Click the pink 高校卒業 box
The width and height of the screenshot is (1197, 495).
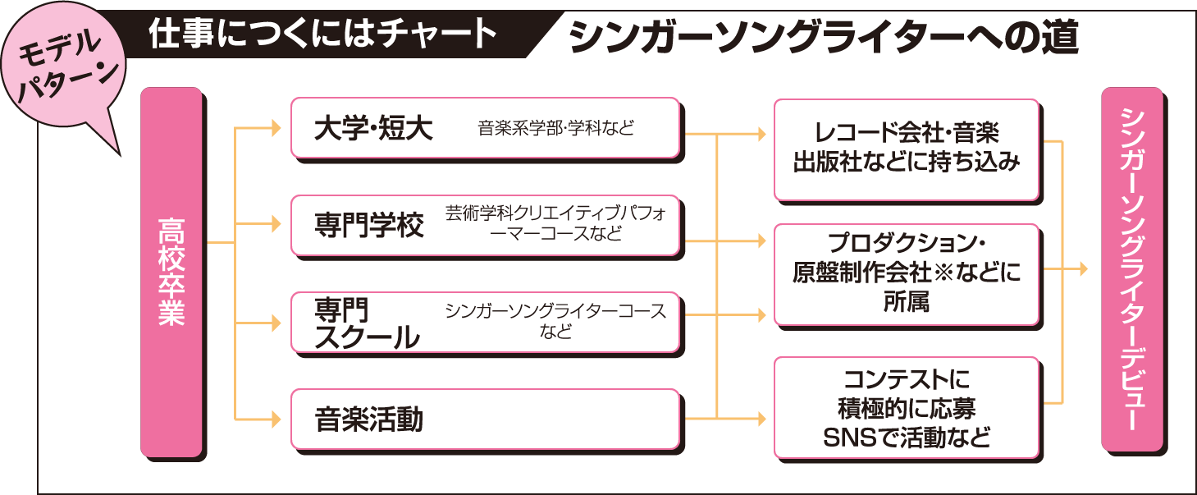(x=171, y=272)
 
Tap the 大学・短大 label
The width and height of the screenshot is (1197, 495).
(x=373, y=129)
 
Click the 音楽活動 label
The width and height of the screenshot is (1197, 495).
(x=369, y=420)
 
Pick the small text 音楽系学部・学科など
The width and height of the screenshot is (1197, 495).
(x=556, y=128)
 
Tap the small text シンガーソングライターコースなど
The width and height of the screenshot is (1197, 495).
(x=555, y=322)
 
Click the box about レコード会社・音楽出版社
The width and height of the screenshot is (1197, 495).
(x=906, y=148)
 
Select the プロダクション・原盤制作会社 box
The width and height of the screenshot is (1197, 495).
(x=906, y=274)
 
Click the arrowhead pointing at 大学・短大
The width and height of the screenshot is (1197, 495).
(x=275, y=129)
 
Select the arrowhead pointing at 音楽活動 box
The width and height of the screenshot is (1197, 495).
(x=275, y=419)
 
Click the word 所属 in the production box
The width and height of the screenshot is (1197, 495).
(x=906, y=302)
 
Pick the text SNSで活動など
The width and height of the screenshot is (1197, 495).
(x=906, y=437)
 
